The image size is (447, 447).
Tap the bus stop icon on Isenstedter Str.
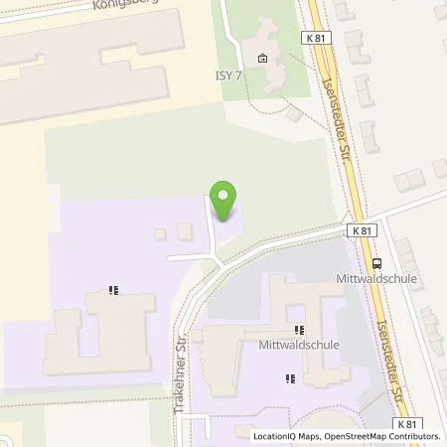click(376, 263)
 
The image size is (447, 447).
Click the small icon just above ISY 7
click(261, 58)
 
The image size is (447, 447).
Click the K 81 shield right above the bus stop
click(364, 230)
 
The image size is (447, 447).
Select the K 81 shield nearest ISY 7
click(316, 38)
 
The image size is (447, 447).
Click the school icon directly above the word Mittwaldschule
click(298, 331)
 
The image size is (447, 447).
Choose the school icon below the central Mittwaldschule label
click(289, 377)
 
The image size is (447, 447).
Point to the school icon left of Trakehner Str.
click(115, 292)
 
